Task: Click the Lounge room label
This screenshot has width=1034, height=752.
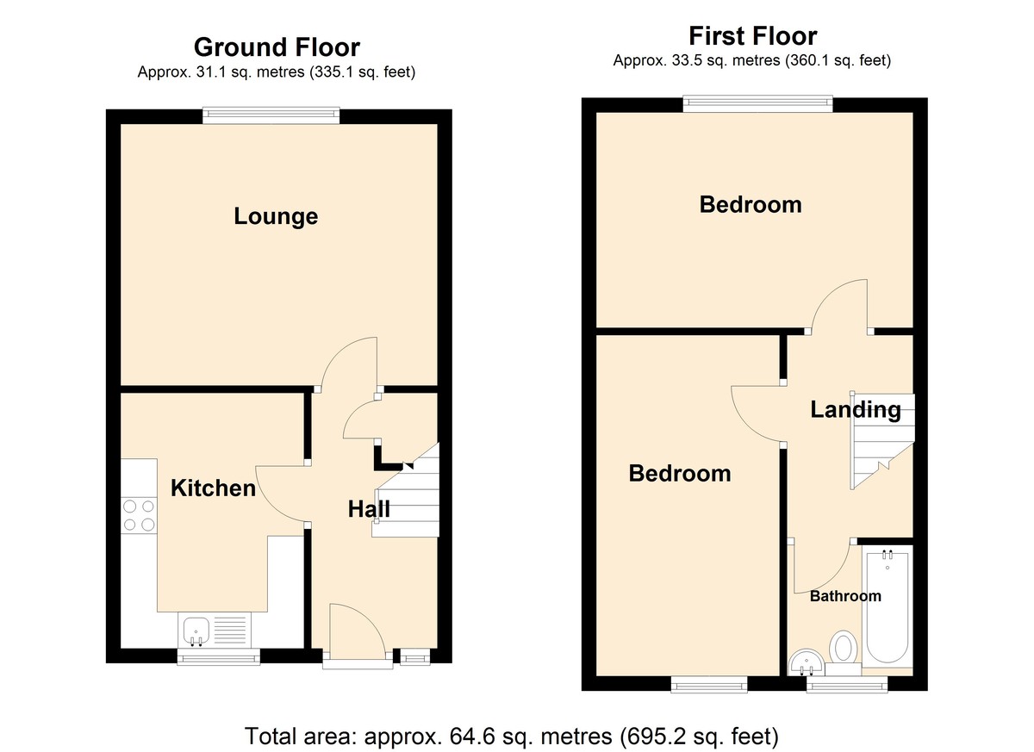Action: pos(276,216)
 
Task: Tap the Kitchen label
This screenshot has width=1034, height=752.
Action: pos(214,488)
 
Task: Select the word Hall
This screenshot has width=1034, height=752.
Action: pos(369,509)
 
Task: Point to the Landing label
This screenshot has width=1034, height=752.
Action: pos(856,410)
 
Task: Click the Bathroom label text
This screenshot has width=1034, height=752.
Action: pos(845,596)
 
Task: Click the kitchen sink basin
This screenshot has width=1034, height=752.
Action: pos(196,631)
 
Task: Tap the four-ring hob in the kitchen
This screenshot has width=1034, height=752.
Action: pos(139,515)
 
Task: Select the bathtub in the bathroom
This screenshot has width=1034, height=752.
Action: pos(888,606)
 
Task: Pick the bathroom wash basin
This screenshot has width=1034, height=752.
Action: pos(806,662)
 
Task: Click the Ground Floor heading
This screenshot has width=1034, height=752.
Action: pos(277,47)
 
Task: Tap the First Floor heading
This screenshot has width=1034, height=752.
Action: pos(753,36)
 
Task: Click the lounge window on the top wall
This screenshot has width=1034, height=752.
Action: pos(271,115)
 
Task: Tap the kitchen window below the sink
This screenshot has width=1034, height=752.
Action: pos(219,656)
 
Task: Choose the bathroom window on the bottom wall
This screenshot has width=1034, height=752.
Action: pos(846,684)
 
